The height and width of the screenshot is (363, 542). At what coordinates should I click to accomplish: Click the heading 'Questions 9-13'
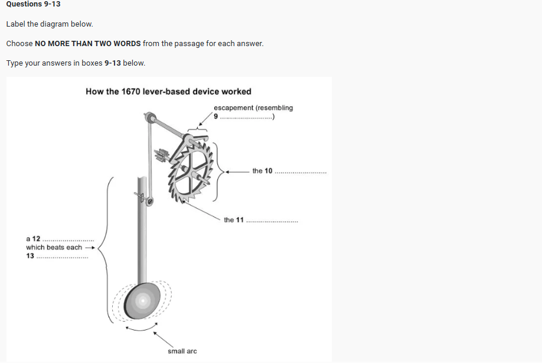[x=33, y=4]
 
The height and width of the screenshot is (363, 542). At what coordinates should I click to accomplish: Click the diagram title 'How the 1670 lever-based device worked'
[x=168, y=92]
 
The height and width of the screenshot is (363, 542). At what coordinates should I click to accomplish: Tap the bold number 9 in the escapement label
[x=216, y=116]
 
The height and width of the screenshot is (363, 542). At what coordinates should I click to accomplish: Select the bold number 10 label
[x=268, y=171]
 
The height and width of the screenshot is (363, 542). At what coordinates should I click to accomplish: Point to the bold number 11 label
[x=240, y=220]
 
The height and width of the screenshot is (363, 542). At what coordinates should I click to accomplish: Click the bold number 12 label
[x=36, y=239]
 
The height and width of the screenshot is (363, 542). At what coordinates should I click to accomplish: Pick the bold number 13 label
[x=30, y=256]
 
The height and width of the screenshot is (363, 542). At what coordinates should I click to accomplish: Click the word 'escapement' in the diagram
[x=233, y=108]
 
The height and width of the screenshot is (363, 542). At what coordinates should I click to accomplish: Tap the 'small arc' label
[x=182, y=351]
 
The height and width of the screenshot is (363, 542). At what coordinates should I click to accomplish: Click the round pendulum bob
[x=142, y=301]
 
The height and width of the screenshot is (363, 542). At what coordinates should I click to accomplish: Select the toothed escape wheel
[x=191, y=172]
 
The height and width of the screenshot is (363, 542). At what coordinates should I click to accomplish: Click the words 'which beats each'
[x=54, y=248]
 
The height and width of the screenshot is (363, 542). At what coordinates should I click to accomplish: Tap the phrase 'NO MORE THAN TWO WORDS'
[x=88, y=44]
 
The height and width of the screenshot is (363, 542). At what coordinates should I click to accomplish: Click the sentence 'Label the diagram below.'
[x=50, y=24]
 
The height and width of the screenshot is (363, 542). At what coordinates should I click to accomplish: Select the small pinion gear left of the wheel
[x=161, y=155]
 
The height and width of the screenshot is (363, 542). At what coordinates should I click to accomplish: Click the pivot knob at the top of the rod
[x=150, y=117]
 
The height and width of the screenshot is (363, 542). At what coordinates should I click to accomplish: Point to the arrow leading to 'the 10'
[x=237, y=171]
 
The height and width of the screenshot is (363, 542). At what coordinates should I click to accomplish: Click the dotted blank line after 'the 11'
[x=272, y=222]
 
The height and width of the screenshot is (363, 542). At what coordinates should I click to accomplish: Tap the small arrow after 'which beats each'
[x=90, y=248]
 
